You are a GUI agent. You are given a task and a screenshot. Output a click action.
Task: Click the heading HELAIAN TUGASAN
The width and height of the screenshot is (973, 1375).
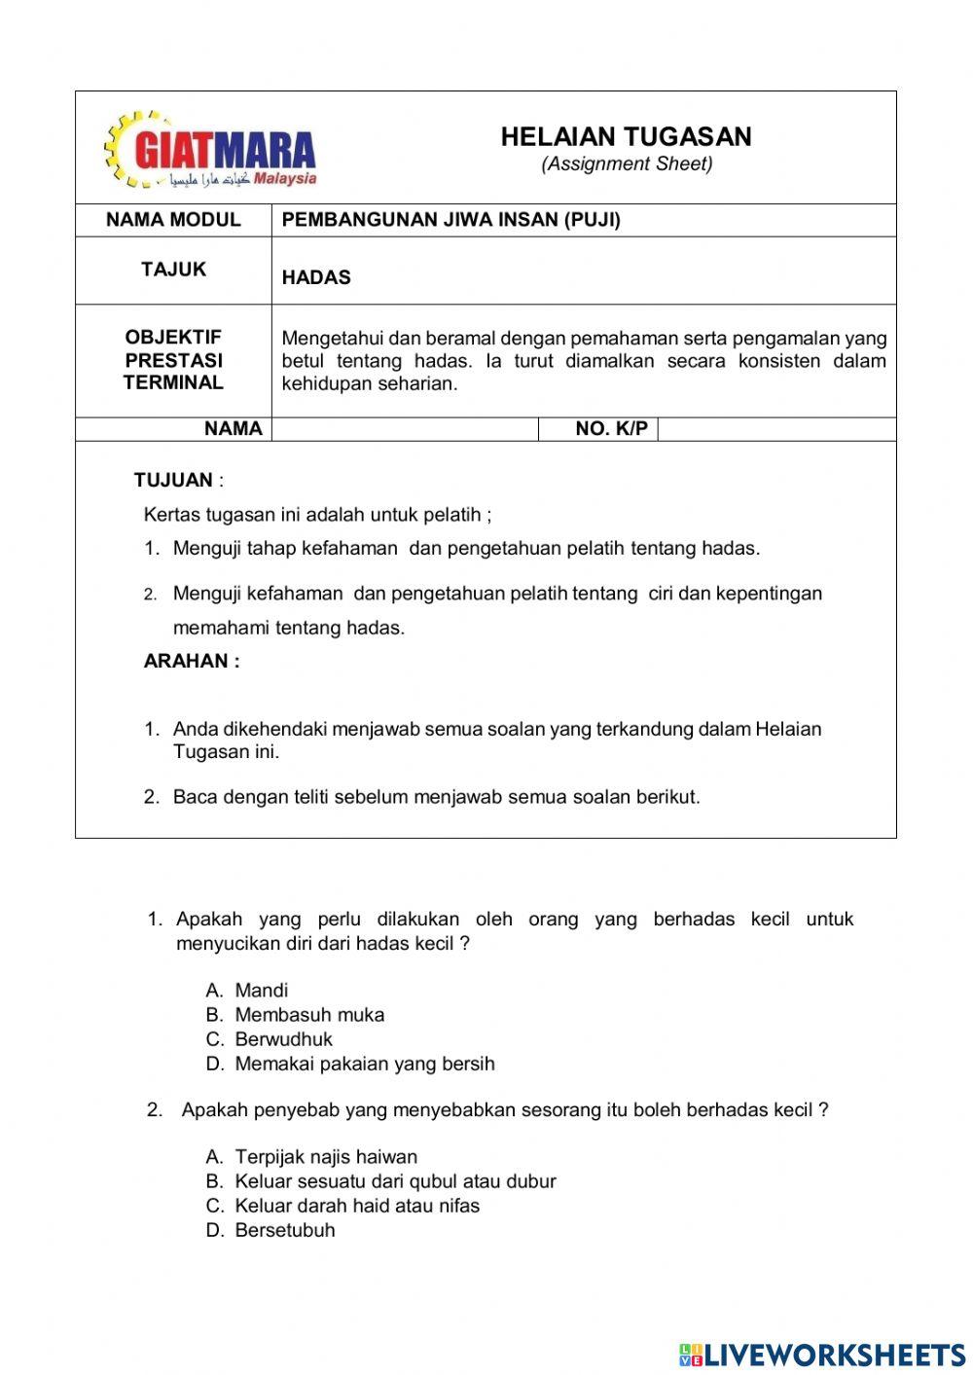tap(626, 137)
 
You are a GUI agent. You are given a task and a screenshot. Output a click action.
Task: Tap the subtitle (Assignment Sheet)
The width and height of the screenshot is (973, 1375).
tap(627, 164)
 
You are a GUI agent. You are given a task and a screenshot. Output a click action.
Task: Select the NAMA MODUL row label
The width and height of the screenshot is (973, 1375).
tap(173, 220)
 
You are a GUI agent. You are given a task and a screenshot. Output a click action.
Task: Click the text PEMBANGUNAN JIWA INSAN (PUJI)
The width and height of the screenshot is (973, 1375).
tap(450, 220)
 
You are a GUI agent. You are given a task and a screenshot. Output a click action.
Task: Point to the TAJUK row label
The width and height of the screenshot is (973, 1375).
tap(173, 270)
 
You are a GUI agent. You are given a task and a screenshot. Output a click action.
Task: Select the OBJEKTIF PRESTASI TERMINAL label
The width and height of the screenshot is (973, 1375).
tap(173, 360)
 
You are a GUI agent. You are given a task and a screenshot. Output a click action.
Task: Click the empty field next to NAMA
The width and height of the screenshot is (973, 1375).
tap(405, 429)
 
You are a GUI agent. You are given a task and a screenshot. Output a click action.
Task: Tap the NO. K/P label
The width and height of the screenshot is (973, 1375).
tap(611, 429)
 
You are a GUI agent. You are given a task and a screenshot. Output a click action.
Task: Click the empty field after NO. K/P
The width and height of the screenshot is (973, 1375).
tap(775, 429)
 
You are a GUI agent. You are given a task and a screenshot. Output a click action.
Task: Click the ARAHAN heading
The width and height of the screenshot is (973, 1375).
tap(191, 661)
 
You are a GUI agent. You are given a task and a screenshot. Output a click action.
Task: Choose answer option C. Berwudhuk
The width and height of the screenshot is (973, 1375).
tap(270, 1039)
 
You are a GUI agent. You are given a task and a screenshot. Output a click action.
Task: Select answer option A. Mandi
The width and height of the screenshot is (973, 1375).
tap(247, 991)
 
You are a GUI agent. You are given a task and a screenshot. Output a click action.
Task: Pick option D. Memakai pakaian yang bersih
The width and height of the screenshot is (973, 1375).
tap(350, 1064)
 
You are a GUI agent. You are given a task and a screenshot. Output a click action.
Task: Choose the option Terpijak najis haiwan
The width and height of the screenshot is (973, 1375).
tap(311, 1157)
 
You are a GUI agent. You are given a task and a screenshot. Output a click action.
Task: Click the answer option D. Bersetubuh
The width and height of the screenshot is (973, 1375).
tap(270, 1230)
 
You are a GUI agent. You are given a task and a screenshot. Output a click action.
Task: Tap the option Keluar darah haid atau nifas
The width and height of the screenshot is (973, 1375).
tap(342, 1206)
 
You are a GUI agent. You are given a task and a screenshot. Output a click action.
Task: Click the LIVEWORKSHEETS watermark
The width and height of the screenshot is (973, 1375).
tap(822, 1354)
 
